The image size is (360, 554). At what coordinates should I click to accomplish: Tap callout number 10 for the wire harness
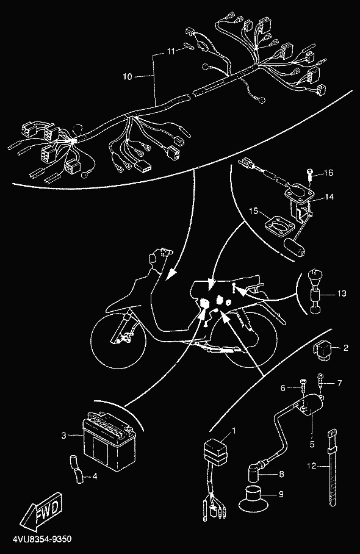point(128,76)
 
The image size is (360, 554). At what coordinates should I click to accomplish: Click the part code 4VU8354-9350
point(42,539)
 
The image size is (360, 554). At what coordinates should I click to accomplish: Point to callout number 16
point(328,173)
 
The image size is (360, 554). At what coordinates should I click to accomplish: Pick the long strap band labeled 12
point(333,467)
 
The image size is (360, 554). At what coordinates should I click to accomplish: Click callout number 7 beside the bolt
point(339,383)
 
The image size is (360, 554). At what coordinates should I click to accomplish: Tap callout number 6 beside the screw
point(283,388)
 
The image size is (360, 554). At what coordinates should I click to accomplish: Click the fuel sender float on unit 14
point(295,247)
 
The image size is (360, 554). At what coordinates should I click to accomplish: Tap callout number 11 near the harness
point(171,52)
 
